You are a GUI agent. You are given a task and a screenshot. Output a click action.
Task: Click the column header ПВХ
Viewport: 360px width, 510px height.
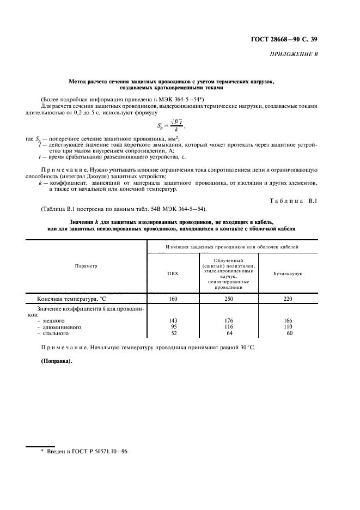click(173, 273)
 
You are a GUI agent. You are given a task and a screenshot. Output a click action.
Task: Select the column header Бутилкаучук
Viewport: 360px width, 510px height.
click(288, 273)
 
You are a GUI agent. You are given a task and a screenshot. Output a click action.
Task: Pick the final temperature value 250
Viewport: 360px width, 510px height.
click(229, 299)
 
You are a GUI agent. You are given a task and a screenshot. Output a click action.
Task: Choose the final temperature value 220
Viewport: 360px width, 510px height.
click(288, 299)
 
